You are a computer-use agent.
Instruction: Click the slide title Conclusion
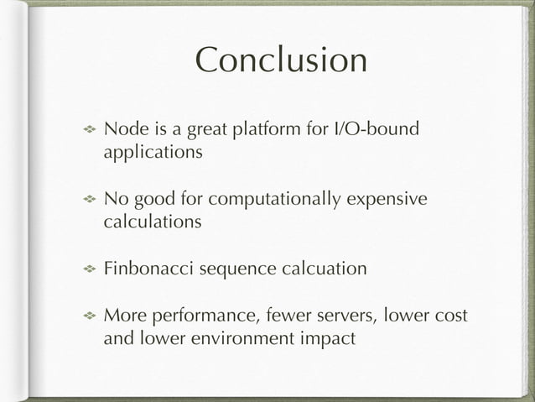point(281,61)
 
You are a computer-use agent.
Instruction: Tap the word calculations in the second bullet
point(152,223)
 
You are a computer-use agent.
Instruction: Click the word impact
point(331,339)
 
